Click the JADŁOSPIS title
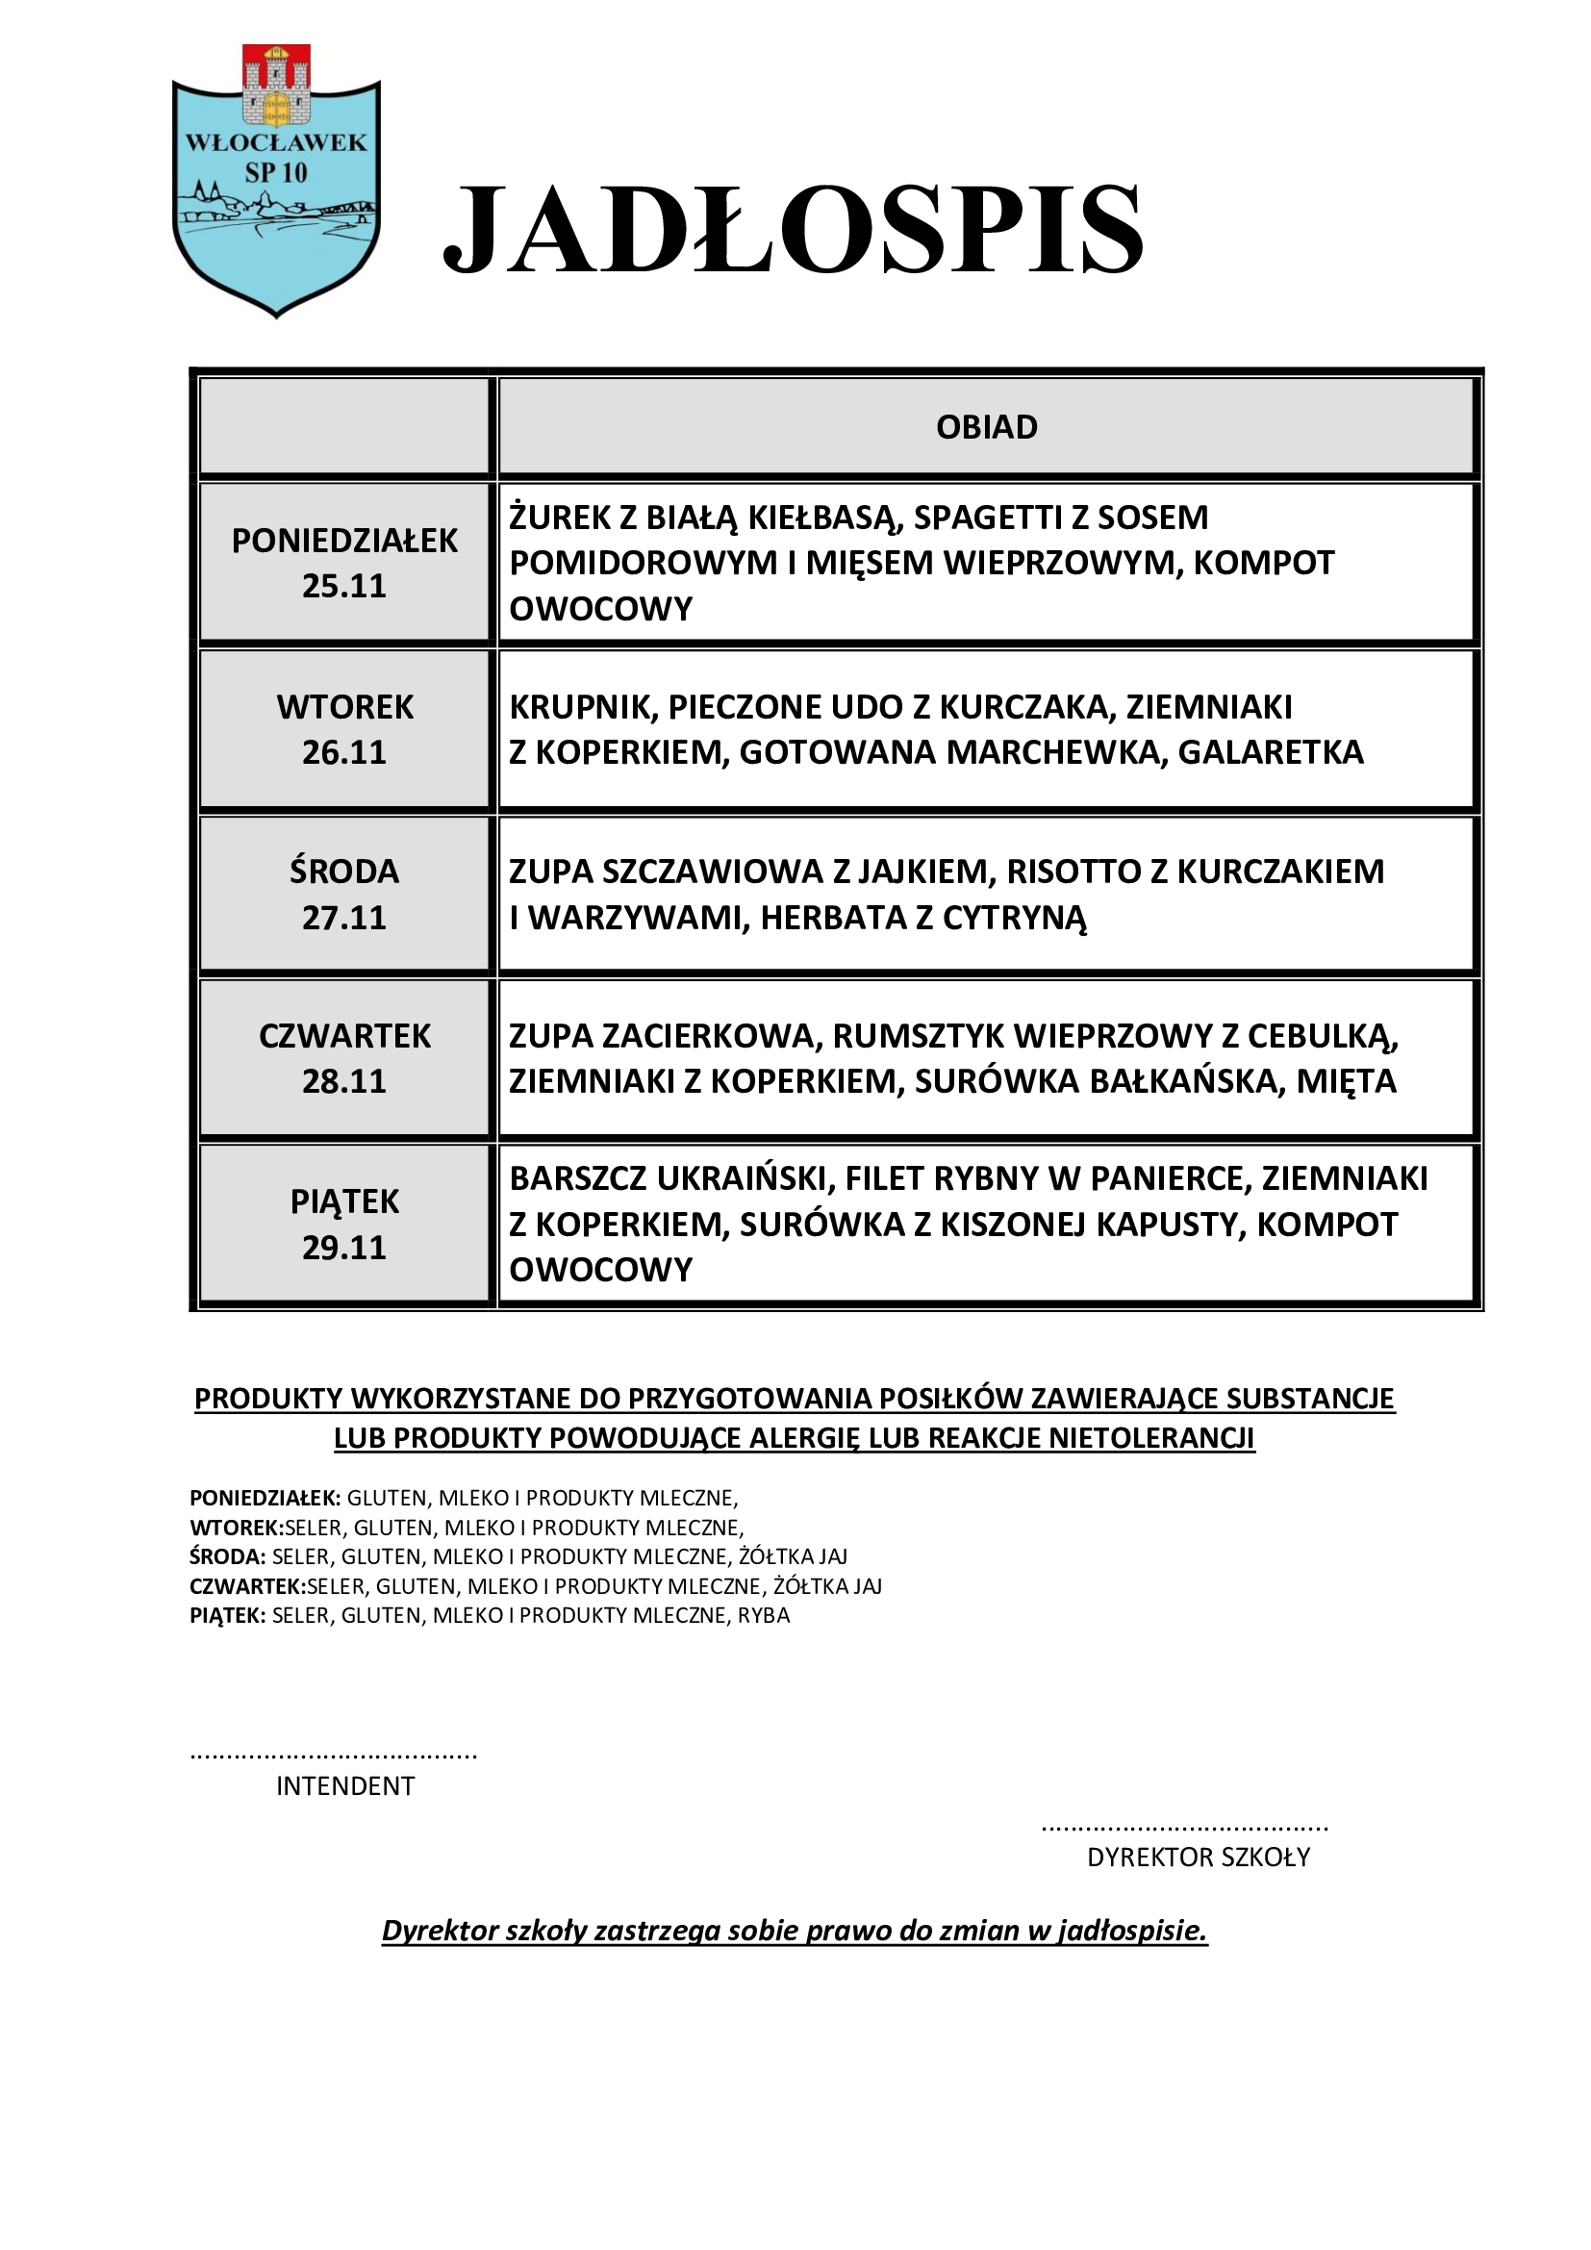794,229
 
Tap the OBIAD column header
987,427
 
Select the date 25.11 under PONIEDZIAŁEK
343,586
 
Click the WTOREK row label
345,707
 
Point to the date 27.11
343,918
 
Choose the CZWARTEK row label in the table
345,1036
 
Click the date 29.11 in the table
343,1248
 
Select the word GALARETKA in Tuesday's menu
1271,752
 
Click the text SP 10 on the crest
276,173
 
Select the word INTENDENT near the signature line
345,1786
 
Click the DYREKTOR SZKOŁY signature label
1199,1857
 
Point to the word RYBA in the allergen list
763,1616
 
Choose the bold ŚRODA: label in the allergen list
227,1557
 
